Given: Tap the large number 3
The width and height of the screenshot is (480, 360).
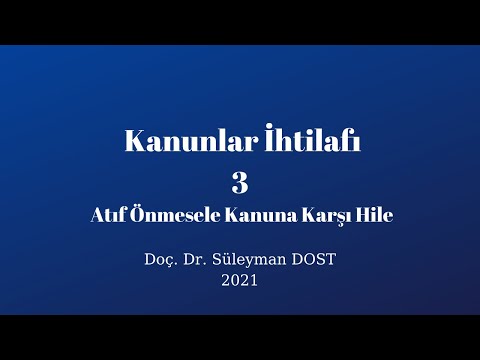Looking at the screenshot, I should point(239,182).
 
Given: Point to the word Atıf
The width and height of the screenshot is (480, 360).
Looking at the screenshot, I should point(106,214).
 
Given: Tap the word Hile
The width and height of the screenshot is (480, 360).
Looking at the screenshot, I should point(371,214).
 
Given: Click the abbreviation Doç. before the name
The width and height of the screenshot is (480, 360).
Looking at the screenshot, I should point(163,260).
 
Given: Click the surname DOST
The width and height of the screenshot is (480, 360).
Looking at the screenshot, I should point(314,260).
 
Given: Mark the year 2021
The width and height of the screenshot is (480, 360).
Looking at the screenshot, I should point(240,280).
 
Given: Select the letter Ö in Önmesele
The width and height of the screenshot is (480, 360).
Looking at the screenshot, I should point(134,213).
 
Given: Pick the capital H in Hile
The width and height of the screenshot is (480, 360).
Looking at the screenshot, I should point(357,214).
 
